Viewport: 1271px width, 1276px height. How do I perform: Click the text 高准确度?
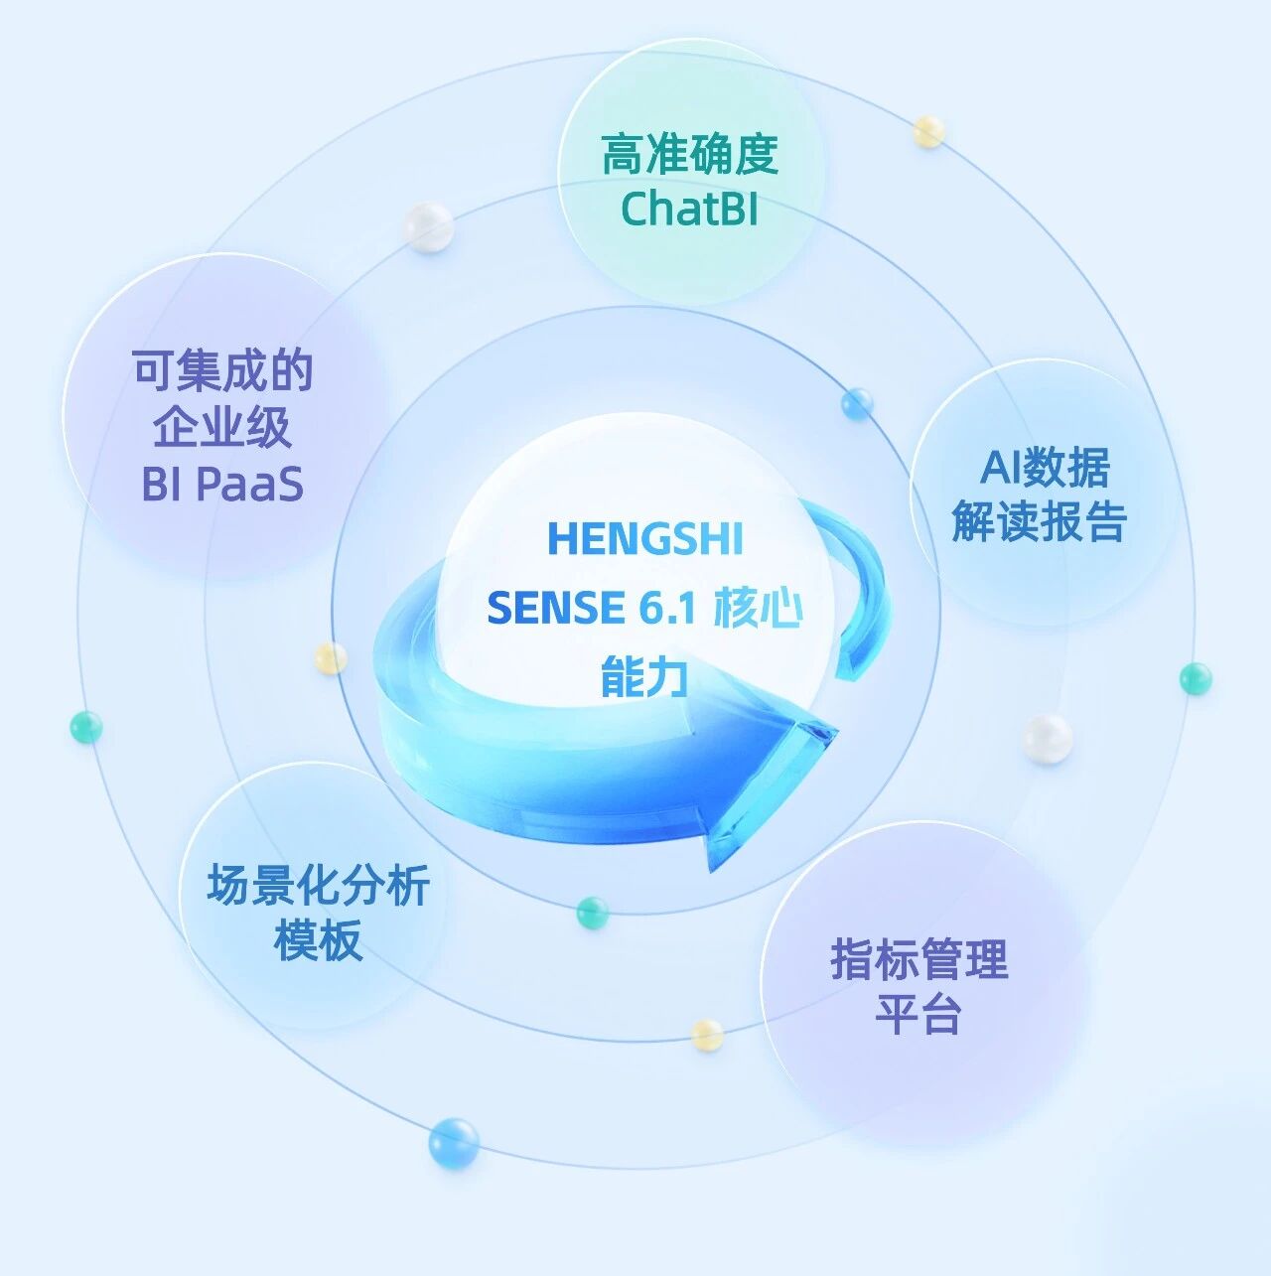tap(690, 155)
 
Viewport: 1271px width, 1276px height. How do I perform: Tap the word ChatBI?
tap(690, 209)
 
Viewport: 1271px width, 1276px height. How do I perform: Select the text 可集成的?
tap(223, 371)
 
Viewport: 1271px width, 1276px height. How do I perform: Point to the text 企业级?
tap(222, 428)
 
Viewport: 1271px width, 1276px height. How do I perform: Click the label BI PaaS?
tap(222, 485)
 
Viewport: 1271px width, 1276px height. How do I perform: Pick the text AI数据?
tap(1045, 467)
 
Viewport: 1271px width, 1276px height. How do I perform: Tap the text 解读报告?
tap(1040, 521)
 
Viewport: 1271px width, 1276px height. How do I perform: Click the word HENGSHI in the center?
tap(645, 539)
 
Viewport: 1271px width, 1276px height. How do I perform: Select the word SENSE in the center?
tap(555, 608)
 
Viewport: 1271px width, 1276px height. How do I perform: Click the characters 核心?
tap(757, 608)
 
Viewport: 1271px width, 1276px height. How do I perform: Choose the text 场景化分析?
tap(318, 885)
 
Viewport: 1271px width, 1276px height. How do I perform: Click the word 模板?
tap(318, 939)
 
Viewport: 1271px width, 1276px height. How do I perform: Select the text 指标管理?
tap(919, 959)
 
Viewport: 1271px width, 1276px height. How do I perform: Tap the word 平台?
tap(918, 1015)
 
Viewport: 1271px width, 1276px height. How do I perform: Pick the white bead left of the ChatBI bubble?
tap(429, 227)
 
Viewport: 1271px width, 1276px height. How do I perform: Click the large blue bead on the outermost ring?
tap(454, 1142)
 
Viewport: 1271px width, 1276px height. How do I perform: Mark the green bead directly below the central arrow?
tap(593, 912)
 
